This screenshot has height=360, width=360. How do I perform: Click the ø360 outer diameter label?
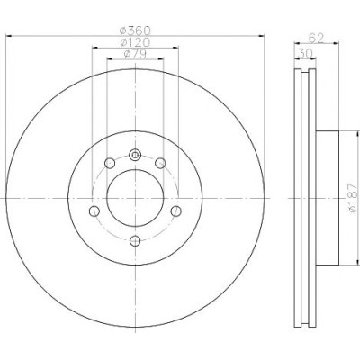(135, 31)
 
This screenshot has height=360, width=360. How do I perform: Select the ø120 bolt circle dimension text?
(135, 42)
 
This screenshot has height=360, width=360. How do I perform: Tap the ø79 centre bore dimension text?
(135, 54)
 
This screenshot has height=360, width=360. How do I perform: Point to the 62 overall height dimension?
(316, 39)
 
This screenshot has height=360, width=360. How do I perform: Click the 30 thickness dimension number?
(305, 53)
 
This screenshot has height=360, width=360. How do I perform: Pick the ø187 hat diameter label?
(354, 198)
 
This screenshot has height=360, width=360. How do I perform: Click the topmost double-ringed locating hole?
(135, 155)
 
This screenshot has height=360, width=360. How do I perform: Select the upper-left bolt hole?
(110, 164)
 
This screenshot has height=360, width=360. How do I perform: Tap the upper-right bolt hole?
(160, 164)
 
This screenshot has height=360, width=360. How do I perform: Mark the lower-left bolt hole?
(94, 211)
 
